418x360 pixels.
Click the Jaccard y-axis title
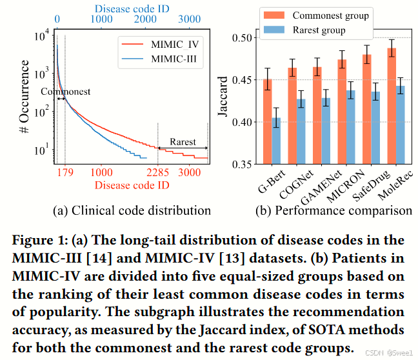coord(223,100)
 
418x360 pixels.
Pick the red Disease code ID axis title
coord(132,186)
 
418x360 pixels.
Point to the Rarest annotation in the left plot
coord(183,142)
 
